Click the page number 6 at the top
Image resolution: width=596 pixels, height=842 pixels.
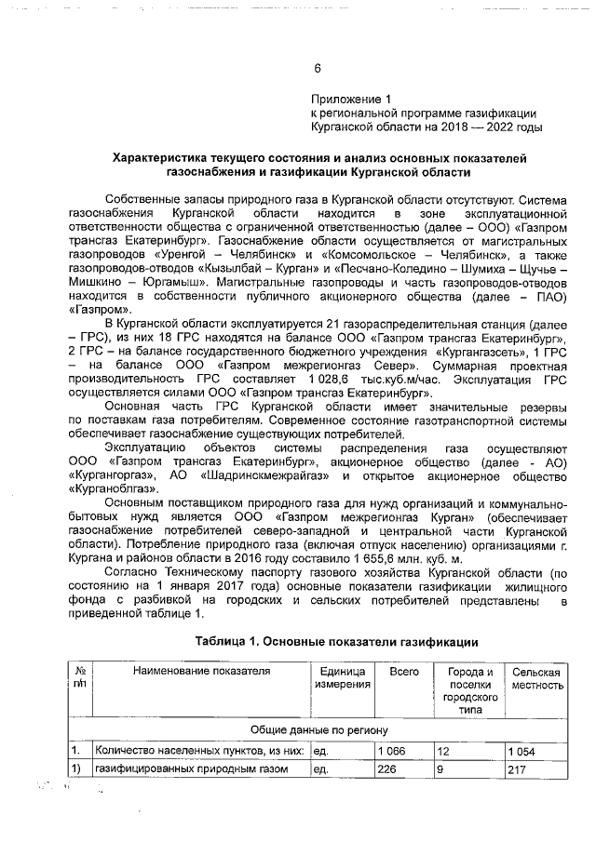[x=317, y=69]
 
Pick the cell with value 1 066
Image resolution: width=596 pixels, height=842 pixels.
[x=392, y=750]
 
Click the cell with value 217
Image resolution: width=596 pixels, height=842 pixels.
[x=517, y=770]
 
